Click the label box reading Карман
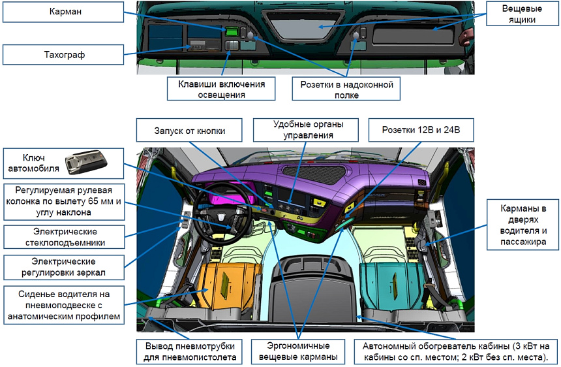[x=63, y=12]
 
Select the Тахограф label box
[x=63, y=55]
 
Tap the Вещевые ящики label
[x=519, y=15]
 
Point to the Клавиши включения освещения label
[x=220, y=89]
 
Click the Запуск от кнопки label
[x=190, y=131]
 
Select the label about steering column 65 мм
[x=63, y=201]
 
